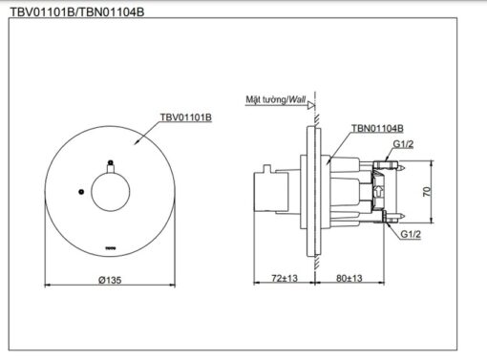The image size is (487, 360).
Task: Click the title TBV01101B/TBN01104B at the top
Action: click(x=77, y=12)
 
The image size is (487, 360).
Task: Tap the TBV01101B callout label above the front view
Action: click(x=186, y=117)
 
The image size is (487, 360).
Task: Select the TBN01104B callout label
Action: click(x=377, y=128)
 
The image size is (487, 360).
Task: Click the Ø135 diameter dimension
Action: click(x=110, y=280)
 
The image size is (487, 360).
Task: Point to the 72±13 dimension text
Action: click(x=285, y=278)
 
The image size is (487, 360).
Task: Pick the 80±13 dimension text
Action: click(x=349, y=278)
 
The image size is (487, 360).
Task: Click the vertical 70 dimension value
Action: click(x=427, y=192)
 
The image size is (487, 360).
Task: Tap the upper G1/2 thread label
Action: click(x=403, y=144)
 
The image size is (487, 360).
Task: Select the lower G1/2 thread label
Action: click(x=411, y=234)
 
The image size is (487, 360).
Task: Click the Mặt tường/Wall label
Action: click(x=276, y=99)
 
